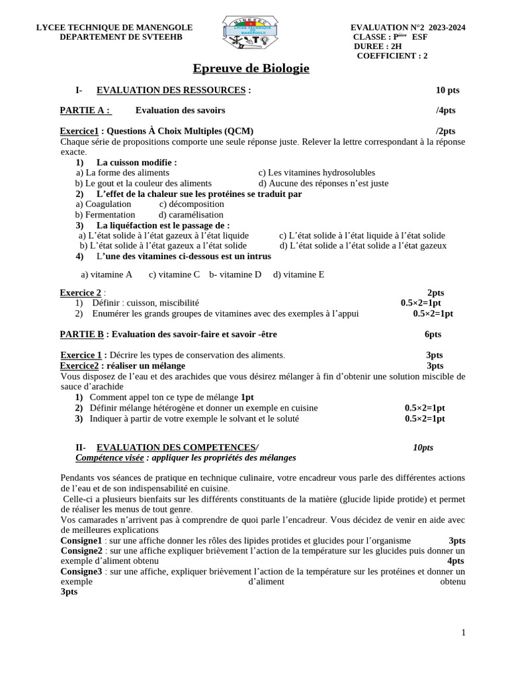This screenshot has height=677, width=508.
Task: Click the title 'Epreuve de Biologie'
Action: point(251,69)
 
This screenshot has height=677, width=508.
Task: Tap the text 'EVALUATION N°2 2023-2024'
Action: point(407,27)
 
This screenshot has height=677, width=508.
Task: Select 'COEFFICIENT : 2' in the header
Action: point(392,56)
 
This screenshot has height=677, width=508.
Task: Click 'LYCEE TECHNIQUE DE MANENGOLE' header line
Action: point(114,27)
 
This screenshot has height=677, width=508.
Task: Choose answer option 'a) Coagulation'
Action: point(104,204)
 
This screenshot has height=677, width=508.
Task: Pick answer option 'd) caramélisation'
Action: point(191,215)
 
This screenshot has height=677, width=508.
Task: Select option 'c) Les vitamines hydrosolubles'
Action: point(316,173)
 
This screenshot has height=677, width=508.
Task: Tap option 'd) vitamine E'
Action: point(298,274)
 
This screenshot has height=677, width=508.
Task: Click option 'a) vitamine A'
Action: point(106,274)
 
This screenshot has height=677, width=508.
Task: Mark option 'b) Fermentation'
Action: point(105,215)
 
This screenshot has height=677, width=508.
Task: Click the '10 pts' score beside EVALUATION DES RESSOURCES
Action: point(447,90)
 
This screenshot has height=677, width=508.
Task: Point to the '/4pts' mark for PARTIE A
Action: point(446,110)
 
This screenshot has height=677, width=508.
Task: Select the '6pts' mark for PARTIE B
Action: point(433,335)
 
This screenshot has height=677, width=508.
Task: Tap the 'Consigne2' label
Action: point(81,551)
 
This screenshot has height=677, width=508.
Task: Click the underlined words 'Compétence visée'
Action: point(109,458)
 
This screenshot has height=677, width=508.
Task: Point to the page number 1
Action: point(464,633)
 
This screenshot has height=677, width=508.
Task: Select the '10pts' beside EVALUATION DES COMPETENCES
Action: point(423,448)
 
